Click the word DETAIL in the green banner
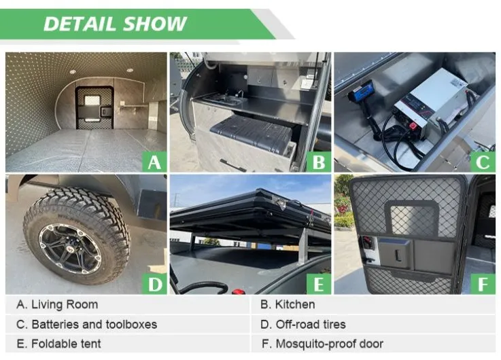pyautogui.click(x=80, y=24)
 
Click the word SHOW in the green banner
pyautogui.click(x=154, y=24)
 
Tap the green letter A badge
pyautogui.click(x=154, y=162)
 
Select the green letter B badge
pyautogui.click(x=319, y=162)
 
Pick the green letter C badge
pyautogui.click(x=483, y=162)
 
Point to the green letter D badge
pyautogui.click(x=154, y=284)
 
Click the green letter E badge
pyautogui.click(x=319, y=284)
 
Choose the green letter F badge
pyautogui.click(x=483, y=284)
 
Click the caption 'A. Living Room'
pyautogui.click(x=57, y=304)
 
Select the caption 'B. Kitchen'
pyautogui.click(x=288, y=304)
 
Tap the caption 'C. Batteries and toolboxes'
pyautogui.click(x=86, y=324)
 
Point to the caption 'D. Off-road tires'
pyautogui.click(x=303, y=324)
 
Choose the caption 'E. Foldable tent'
pyautogui.click(x=58, y=344)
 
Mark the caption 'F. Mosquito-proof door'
pyautogui.click(x=322, y=344)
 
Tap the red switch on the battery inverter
pyautogui.click(x=413, y=126)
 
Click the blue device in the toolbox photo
pyautogui.click(x=361, y=90)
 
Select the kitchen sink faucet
pyautogui.click(x=240, y=94)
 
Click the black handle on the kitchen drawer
pyautogui.click(x=232, y=165)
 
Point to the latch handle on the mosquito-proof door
pyautogui.click(x=397, y=255)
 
